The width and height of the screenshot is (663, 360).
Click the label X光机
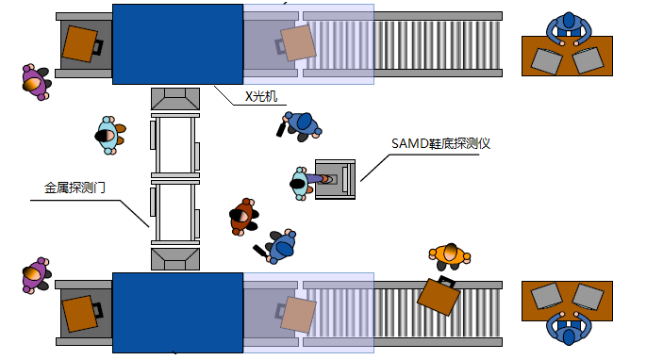click(261, 96)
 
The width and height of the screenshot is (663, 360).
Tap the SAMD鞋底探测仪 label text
click(440, 143)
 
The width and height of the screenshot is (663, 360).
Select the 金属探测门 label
click(75, 188)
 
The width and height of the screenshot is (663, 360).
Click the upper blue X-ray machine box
click(177, 44)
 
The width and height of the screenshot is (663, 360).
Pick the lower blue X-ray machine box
click(177, 312)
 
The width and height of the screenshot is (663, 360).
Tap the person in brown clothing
click(243, 216)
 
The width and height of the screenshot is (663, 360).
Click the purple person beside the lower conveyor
click(35, 274)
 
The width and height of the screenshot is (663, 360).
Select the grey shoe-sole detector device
click(337, 178)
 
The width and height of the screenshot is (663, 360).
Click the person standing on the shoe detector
click(305, 180)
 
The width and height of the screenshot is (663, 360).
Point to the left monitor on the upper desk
click(546, 60)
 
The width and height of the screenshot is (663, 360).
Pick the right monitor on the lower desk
click(588, 298)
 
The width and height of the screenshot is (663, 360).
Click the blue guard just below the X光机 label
click(301, 123)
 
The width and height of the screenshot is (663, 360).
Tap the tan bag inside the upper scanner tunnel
click(298, 42)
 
